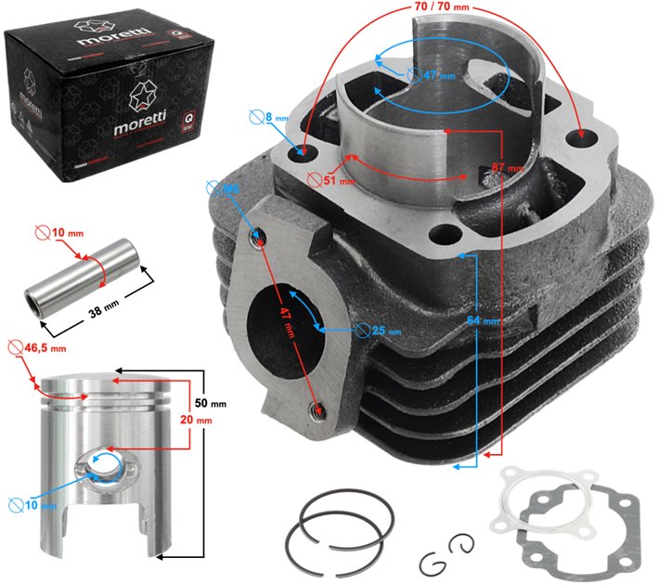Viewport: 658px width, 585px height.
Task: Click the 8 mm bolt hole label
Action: (x=271, y=118)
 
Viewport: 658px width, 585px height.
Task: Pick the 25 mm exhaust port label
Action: (x=381, y=331)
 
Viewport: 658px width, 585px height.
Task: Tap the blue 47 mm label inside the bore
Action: (x=429, y=73)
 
